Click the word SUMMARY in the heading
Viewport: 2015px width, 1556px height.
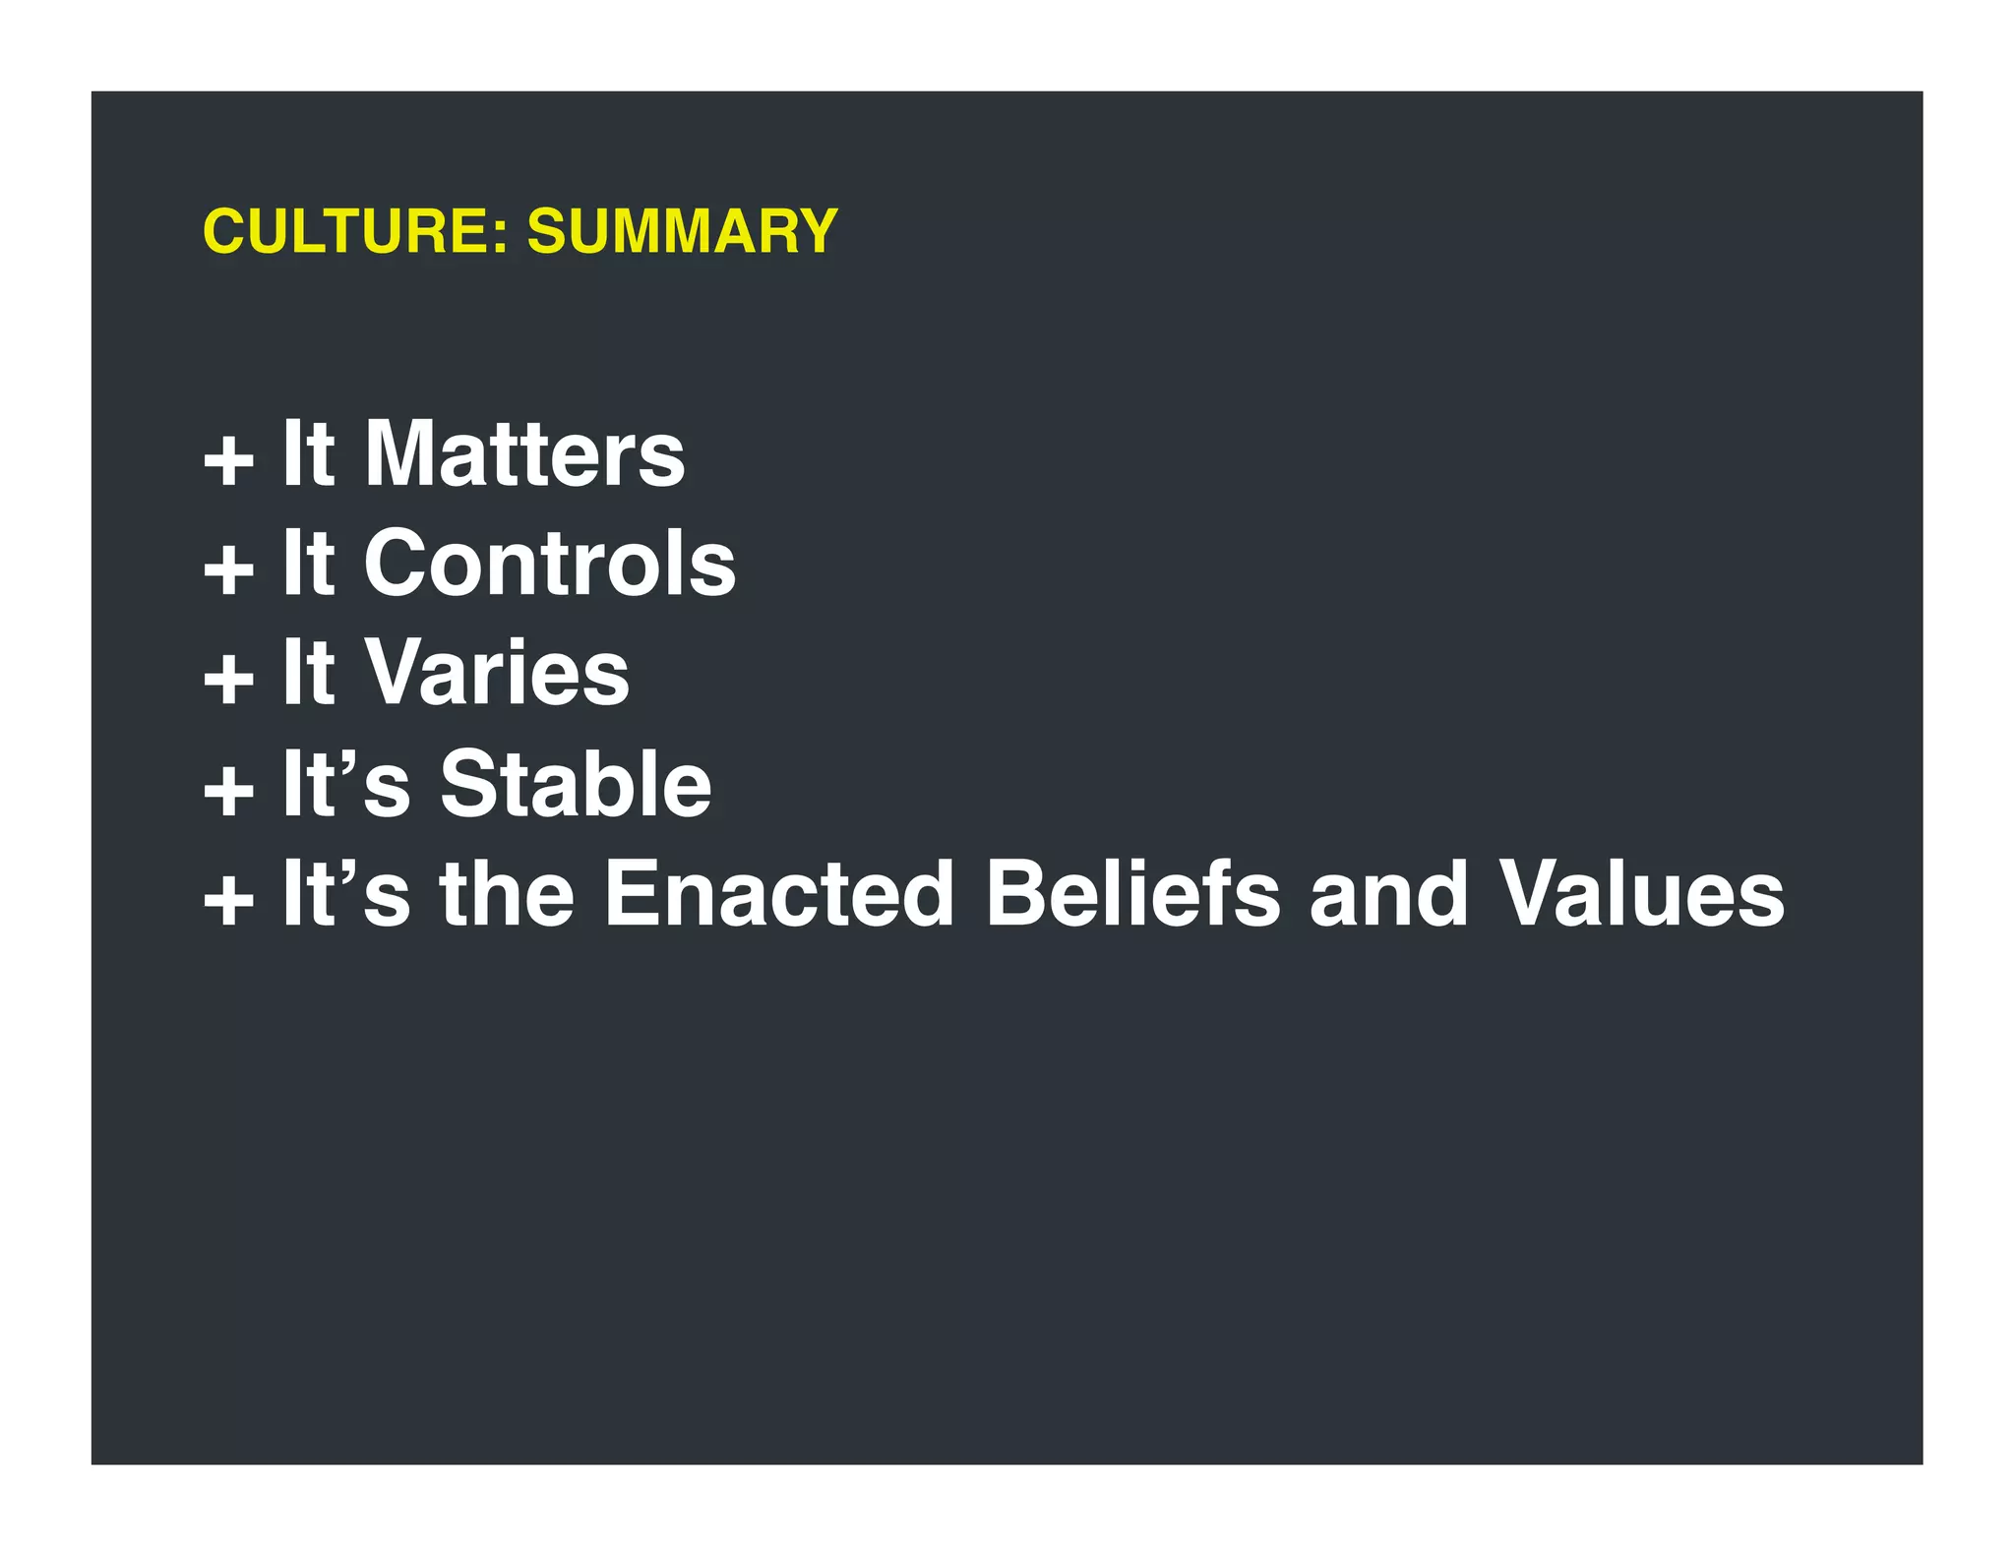tap(682, 232)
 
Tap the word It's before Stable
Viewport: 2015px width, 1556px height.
tap(345, 784)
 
